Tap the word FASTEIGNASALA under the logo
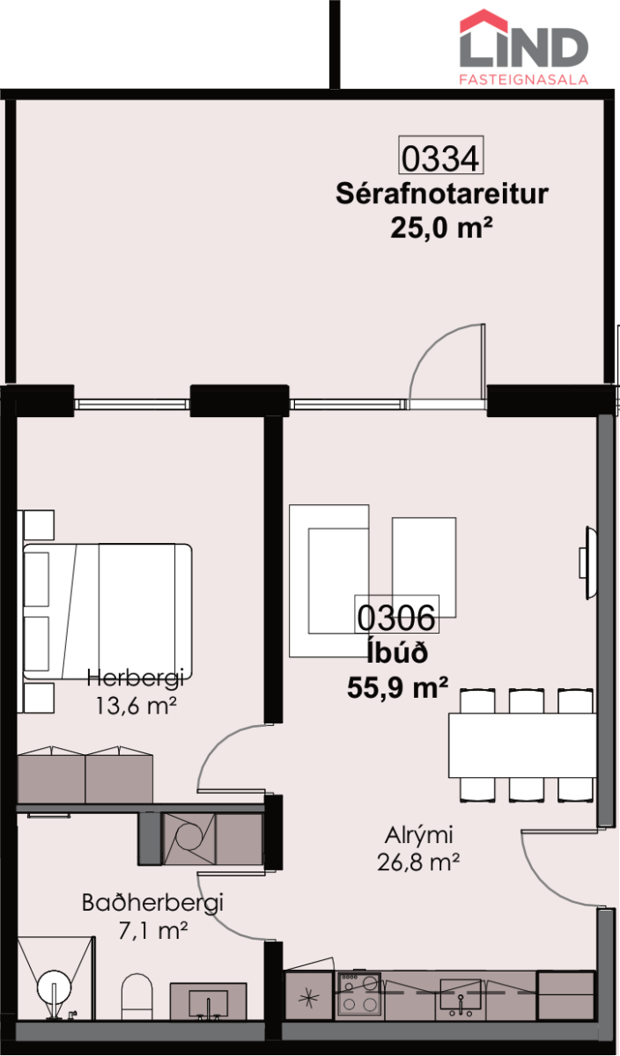[x=524, y=80]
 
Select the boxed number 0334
[x=440, y=156]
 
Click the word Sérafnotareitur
[x=442, y=194]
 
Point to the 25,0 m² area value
[x=441, y=229]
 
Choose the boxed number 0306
[x=396, y=615]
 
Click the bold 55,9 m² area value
[x=398, y=687]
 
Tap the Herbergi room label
[x=136, y=679]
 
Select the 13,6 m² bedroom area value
[x=137, y=706]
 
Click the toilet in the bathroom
[x=137, y=997]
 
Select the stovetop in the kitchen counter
[x=359, y=994]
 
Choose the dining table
[x=523, y=745]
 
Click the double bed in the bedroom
[x=107, y=612]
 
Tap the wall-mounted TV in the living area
[x=588, y=563]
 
